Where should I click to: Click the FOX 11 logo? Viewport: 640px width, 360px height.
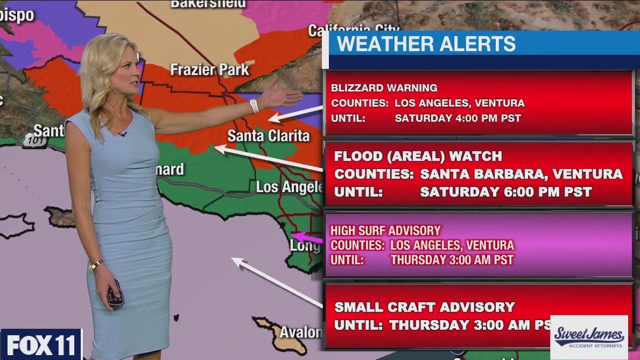point(41,345)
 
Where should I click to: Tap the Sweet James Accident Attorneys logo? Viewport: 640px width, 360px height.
point(589,337)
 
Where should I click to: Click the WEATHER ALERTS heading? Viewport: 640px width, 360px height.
point(426,44)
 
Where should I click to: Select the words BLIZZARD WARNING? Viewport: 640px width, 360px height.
point(384,88)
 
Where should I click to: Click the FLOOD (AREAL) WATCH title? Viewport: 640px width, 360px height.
point(418,157)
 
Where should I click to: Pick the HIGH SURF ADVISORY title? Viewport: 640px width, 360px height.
point(385,231)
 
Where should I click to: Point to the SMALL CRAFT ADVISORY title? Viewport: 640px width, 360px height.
point(425,307)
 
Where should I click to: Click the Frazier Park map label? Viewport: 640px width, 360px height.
point(209,70)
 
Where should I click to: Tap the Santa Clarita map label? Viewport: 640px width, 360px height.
point(268,136)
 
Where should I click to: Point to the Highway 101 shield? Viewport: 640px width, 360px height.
point(36,142)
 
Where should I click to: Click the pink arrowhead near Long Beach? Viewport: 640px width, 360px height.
point(298,237)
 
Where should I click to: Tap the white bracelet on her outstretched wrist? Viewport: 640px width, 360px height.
point(254,105)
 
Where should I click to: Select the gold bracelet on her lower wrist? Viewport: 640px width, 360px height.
point(96,265)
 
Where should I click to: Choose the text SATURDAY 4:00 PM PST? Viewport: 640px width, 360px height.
point(458,118)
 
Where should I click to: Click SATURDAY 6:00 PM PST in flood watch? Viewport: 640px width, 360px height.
point(505,192)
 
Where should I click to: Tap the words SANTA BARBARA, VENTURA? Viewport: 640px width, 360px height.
point(521,174)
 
